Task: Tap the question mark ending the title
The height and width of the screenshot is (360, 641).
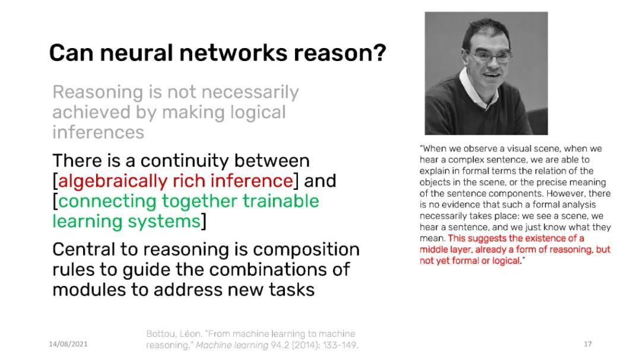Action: click(380, 53)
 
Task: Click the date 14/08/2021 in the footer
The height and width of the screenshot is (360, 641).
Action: click(68, 344)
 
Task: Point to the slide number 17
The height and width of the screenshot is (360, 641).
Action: click(588, 344)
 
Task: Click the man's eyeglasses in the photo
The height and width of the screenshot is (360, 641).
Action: click(490, 56)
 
